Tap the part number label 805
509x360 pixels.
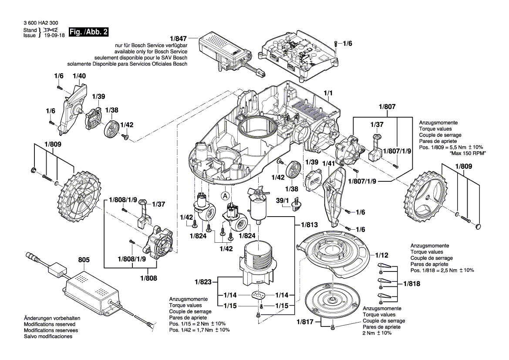click(84, 260)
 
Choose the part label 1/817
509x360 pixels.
click(305, 322)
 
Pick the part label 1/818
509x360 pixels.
click(411, 283)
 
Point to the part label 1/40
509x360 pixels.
click(79, 76)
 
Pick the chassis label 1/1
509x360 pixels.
click(328, 94)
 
